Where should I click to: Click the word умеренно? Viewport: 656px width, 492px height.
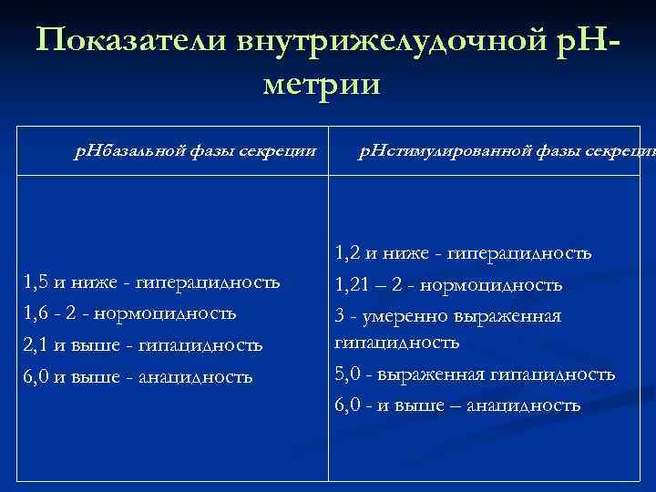coord(405,316)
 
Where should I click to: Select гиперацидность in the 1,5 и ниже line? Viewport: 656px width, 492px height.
coord(207,282)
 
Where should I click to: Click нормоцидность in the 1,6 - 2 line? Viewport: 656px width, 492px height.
coord(169,313)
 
